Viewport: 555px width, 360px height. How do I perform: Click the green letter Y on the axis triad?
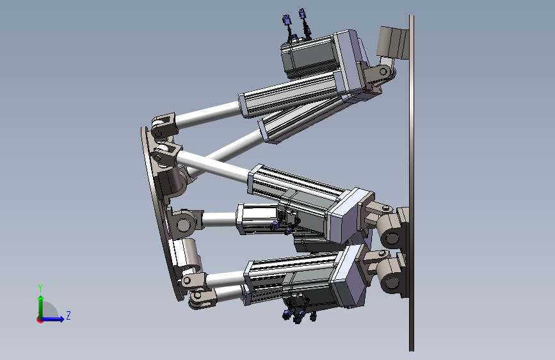(x=40, y=288)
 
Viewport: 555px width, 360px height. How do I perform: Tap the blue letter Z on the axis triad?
(x=68, y=315)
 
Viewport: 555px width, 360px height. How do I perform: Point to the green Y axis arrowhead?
(x=41, y=299)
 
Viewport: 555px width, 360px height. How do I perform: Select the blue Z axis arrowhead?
(x=61, y=319)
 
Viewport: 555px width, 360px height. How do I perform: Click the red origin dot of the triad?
(x=40, y=320)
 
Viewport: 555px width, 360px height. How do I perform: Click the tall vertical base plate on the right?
(x=412, y=183)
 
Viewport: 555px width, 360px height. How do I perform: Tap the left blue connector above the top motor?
(x=287, y=20)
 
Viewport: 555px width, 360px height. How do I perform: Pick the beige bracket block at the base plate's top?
(x=392, y=42)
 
